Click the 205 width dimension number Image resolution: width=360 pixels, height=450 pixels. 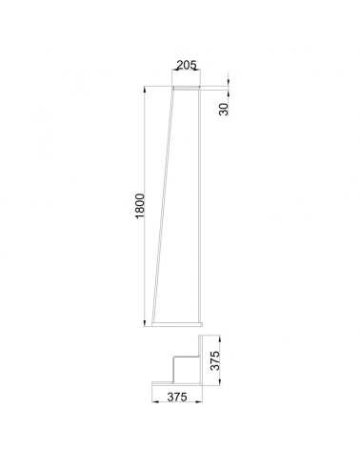pos(186,66)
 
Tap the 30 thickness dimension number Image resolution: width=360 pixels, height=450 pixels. pos(224,109)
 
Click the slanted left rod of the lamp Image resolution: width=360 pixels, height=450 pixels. pos(168,205)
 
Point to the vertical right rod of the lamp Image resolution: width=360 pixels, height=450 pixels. pos(199,205)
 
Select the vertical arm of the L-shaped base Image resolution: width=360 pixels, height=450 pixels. pos(201,360)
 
